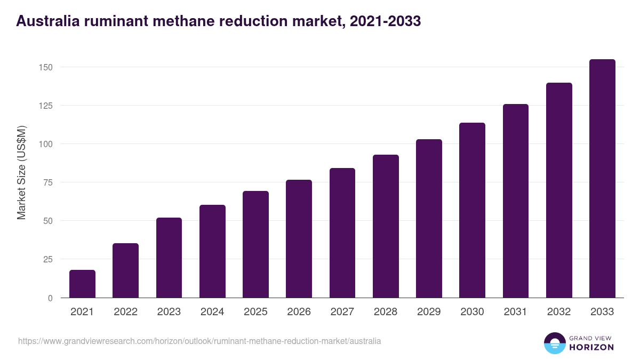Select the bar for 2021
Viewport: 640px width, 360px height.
[x=82, y=284]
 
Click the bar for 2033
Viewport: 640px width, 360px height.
[x=602, y=179]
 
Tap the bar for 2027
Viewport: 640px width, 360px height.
[x=342, y=233]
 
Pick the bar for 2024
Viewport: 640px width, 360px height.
[x=212, y=251]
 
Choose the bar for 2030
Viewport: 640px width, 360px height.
[x=473, y=210]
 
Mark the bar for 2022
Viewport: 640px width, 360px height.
[x=125, y=270]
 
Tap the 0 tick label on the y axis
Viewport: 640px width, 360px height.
[x=50, y=298]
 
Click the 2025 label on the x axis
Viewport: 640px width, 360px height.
[x=255, y=312]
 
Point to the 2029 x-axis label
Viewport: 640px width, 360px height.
[x=429, y=312]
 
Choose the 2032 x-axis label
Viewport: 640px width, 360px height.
[x=559, y=312]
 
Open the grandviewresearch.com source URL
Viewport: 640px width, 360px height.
[x=199, y=341]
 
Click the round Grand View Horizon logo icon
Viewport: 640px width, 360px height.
[x=554, y=343]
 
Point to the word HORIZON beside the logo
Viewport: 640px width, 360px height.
[x=591, y=347]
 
